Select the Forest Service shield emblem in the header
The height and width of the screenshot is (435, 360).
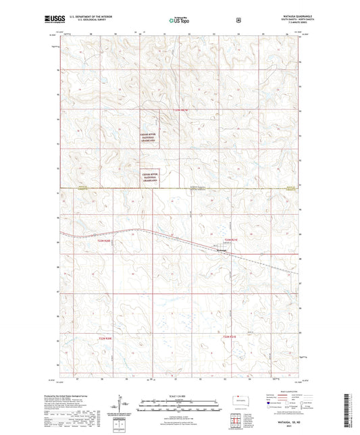(238, 20)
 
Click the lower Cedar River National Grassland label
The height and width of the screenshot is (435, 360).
(150, 178)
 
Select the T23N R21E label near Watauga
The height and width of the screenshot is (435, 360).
(232, 239)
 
